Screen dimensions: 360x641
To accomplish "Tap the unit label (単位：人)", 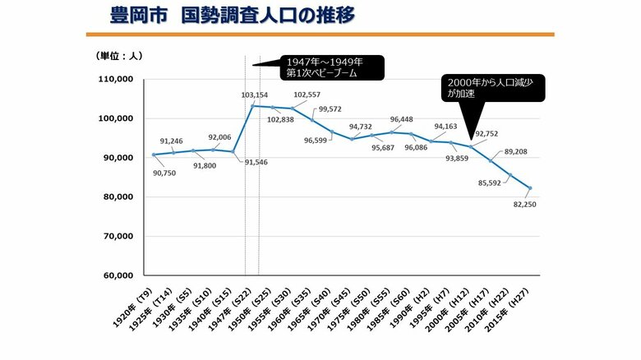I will tap(118, 57).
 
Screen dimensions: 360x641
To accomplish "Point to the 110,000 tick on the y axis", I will tap(116, 80).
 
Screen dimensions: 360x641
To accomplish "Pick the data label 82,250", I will tap(524, 204).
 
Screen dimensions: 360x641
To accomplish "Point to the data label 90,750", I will tap(164, 173).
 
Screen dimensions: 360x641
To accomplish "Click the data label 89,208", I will tap(515, 152).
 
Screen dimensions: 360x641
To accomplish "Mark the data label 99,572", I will tap(330, 109).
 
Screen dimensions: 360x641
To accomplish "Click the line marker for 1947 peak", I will tap(251, 105).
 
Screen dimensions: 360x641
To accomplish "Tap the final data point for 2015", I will tap(529, 188).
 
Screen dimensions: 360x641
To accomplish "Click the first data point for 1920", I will tap(154, 155).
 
